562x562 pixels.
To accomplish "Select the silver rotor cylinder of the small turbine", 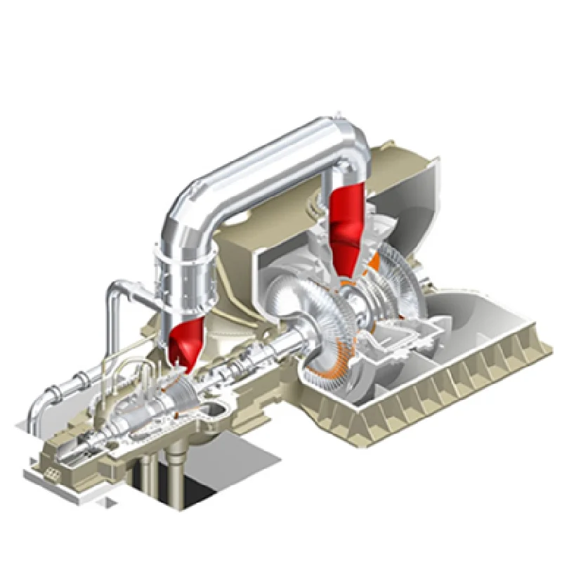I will (x=140, y=414).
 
